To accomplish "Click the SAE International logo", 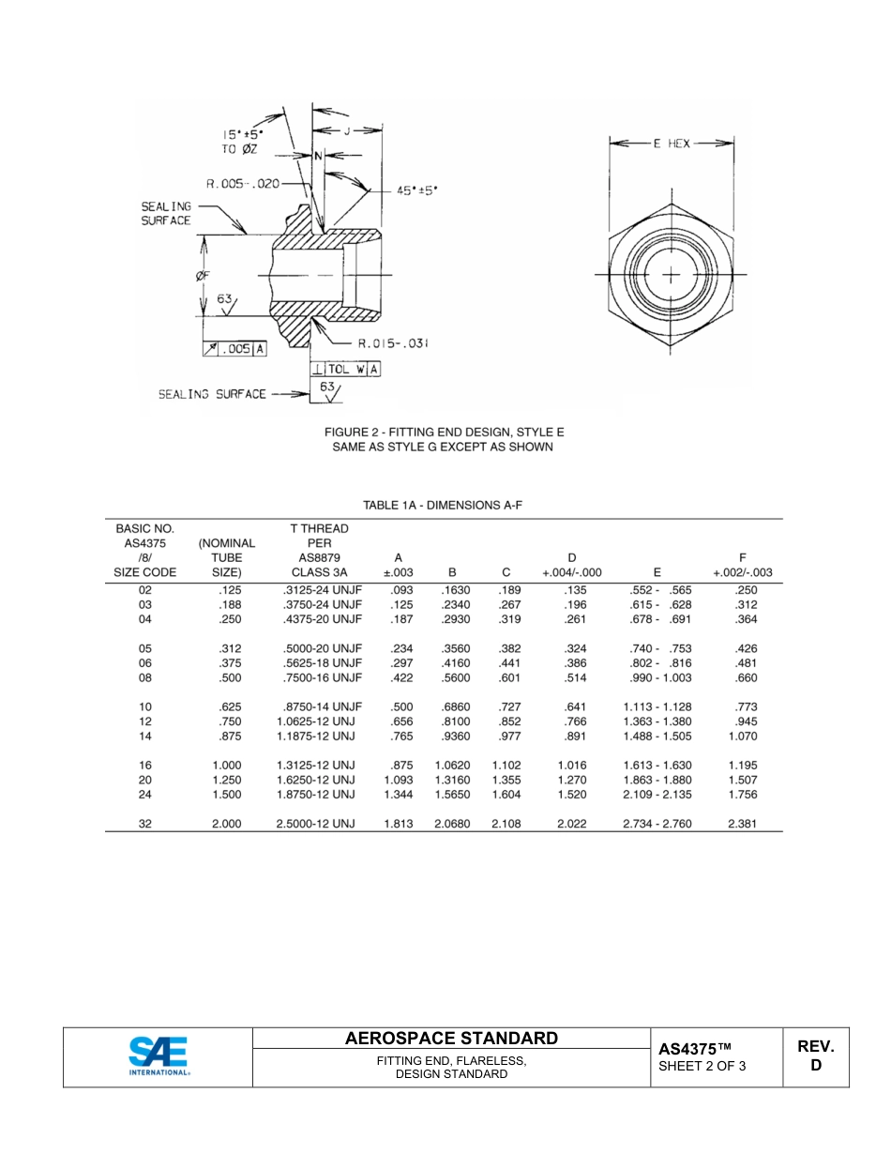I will pyautogui.click(x=158, y=1056).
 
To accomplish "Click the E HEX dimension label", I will pyautogui.click(x=672, y=144).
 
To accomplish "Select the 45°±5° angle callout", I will pyautogui.click(x=416, y=190).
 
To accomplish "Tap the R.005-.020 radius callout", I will pyautogui.click(x=243, y=184).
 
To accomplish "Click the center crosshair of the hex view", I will pyautogui.click(x=672, y=275).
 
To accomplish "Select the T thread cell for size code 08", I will pyautogui.click(x=321, y=677).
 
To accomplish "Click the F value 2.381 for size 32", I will pyautogui.click(x=742, y=824).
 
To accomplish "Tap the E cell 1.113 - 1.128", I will pyautogui.click(x=657, y=706).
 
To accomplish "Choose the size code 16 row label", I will pyautogui.click(x=145, y=765).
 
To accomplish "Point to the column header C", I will pyautogui.click(x=506, y=571).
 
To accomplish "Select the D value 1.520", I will pyautogui.click(x=571, y=794).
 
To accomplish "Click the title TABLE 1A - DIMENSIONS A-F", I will pyautogui.click(x=443, y=505).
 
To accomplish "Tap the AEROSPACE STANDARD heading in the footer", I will pyautogui.click(x=451, y=1038).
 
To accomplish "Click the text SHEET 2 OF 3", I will pyautogui.click(x=702, y=1066).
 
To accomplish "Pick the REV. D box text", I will pyautogui.click(x=815, y=1055).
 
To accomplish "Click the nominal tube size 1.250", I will pyautogui.click(x=226, y=780).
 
